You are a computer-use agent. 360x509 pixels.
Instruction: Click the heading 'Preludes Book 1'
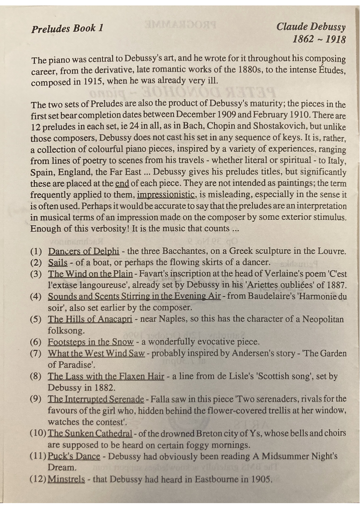pos(68,28)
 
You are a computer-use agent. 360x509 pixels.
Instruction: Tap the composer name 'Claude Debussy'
pos(311,26)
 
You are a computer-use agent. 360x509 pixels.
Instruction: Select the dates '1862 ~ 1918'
pos(319,39)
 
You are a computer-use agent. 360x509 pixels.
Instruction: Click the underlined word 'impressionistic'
pos(166,195)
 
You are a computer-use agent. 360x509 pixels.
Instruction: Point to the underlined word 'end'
pos(122,184)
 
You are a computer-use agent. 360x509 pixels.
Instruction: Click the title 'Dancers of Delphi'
pos(84,251)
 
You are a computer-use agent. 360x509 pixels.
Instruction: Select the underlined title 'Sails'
pos(58,262)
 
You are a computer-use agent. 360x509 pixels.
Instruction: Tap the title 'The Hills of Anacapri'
pos(90,319)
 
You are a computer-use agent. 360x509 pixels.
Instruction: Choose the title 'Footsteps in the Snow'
pos(91,342)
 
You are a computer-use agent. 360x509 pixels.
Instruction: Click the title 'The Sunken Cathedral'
pos(90,434)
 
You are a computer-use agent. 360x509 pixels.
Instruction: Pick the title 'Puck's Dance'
pos(74,456)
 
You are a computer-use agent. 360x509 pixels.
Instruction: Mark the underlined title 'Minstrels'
pos(66,480)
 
